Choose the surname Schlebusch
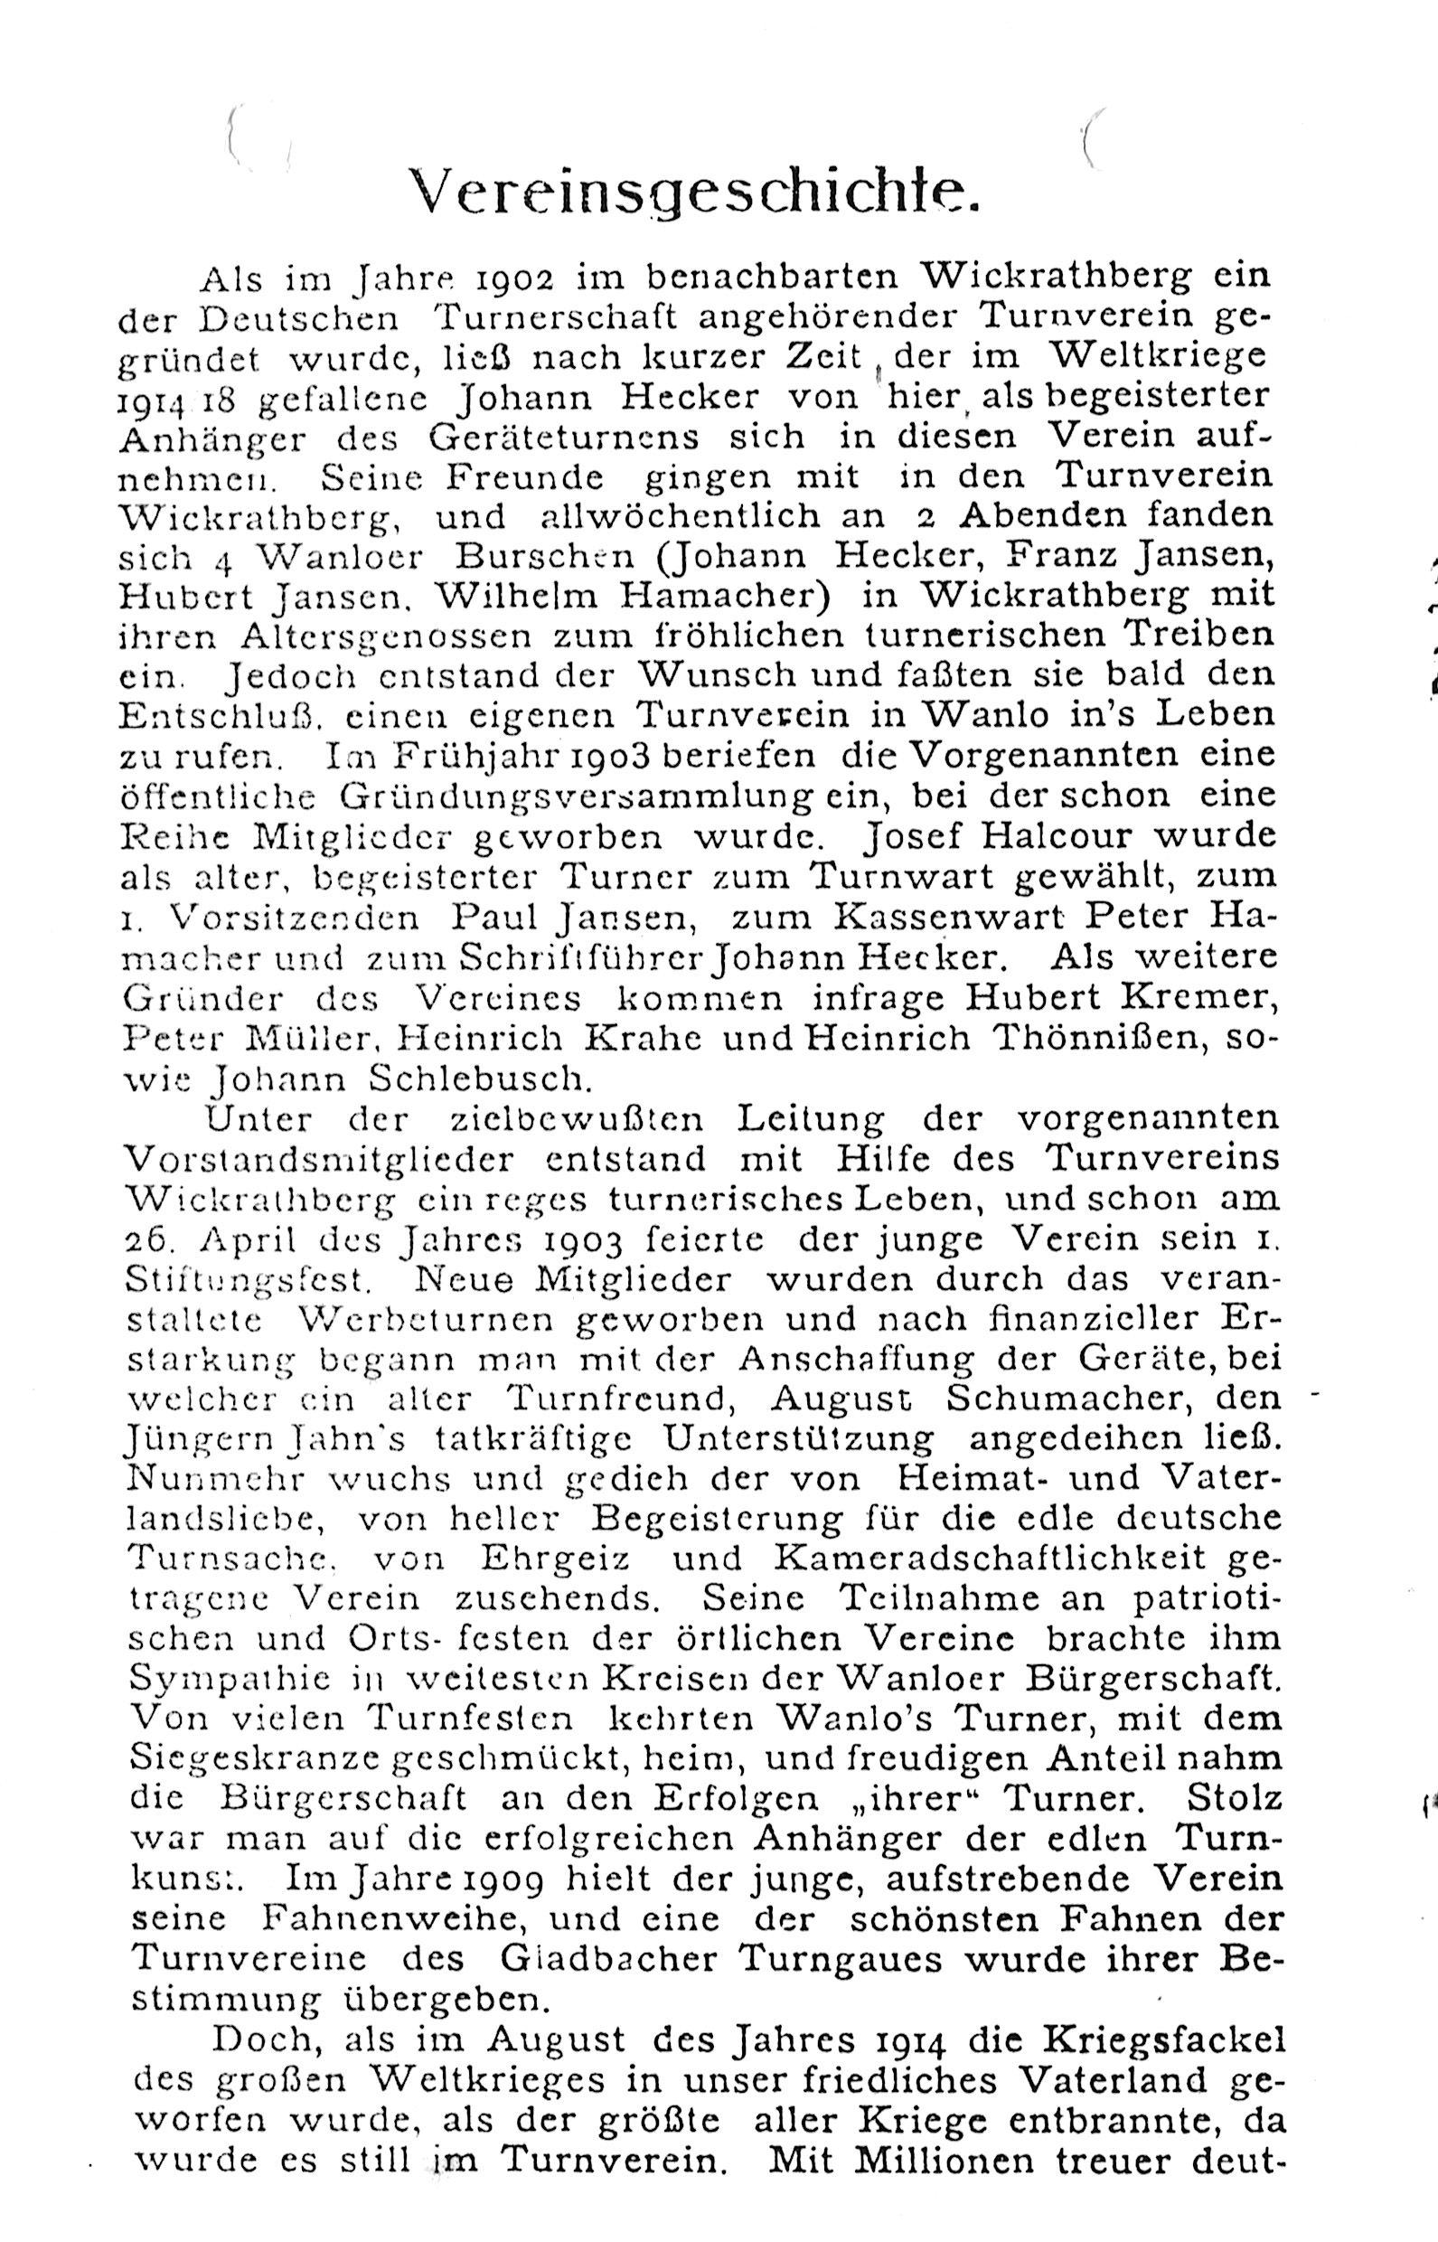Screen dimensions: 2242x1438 480,1079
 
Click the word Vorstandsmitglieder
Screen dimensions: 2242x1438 319,1159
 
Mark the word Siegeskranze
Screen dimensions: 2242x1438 254,1758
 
